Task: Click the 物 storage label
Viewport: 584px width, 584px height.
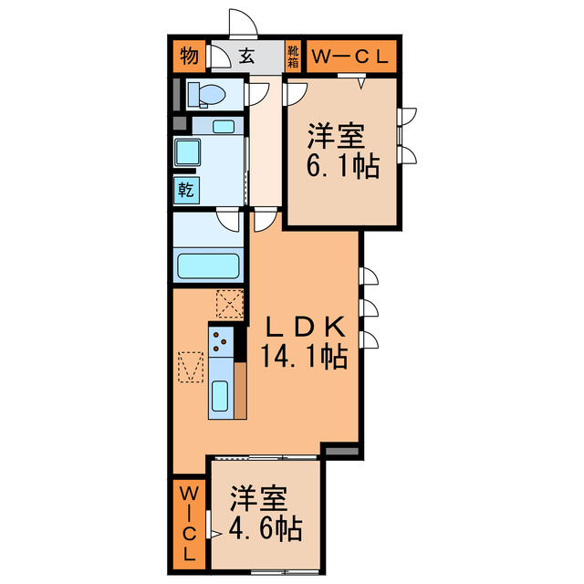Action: (189, 57)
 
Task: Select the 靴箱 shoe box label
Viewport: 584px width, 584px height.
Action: (294, 57)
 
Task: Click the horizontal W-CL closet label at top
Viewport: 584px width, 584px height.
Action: (351, 57)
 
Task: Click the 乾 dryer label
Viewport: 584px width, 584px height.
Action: (185, 190)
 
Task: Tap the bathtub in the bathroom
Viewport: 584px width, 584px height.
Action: (208, 266)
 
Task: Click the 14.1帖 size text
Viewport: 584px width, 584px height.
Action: (306, 356)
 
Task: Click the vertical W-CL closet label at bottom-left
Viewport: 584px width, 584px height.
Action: (190, 523)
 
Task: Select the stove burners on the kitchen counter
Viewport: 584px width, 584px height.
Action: (221, 341)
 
